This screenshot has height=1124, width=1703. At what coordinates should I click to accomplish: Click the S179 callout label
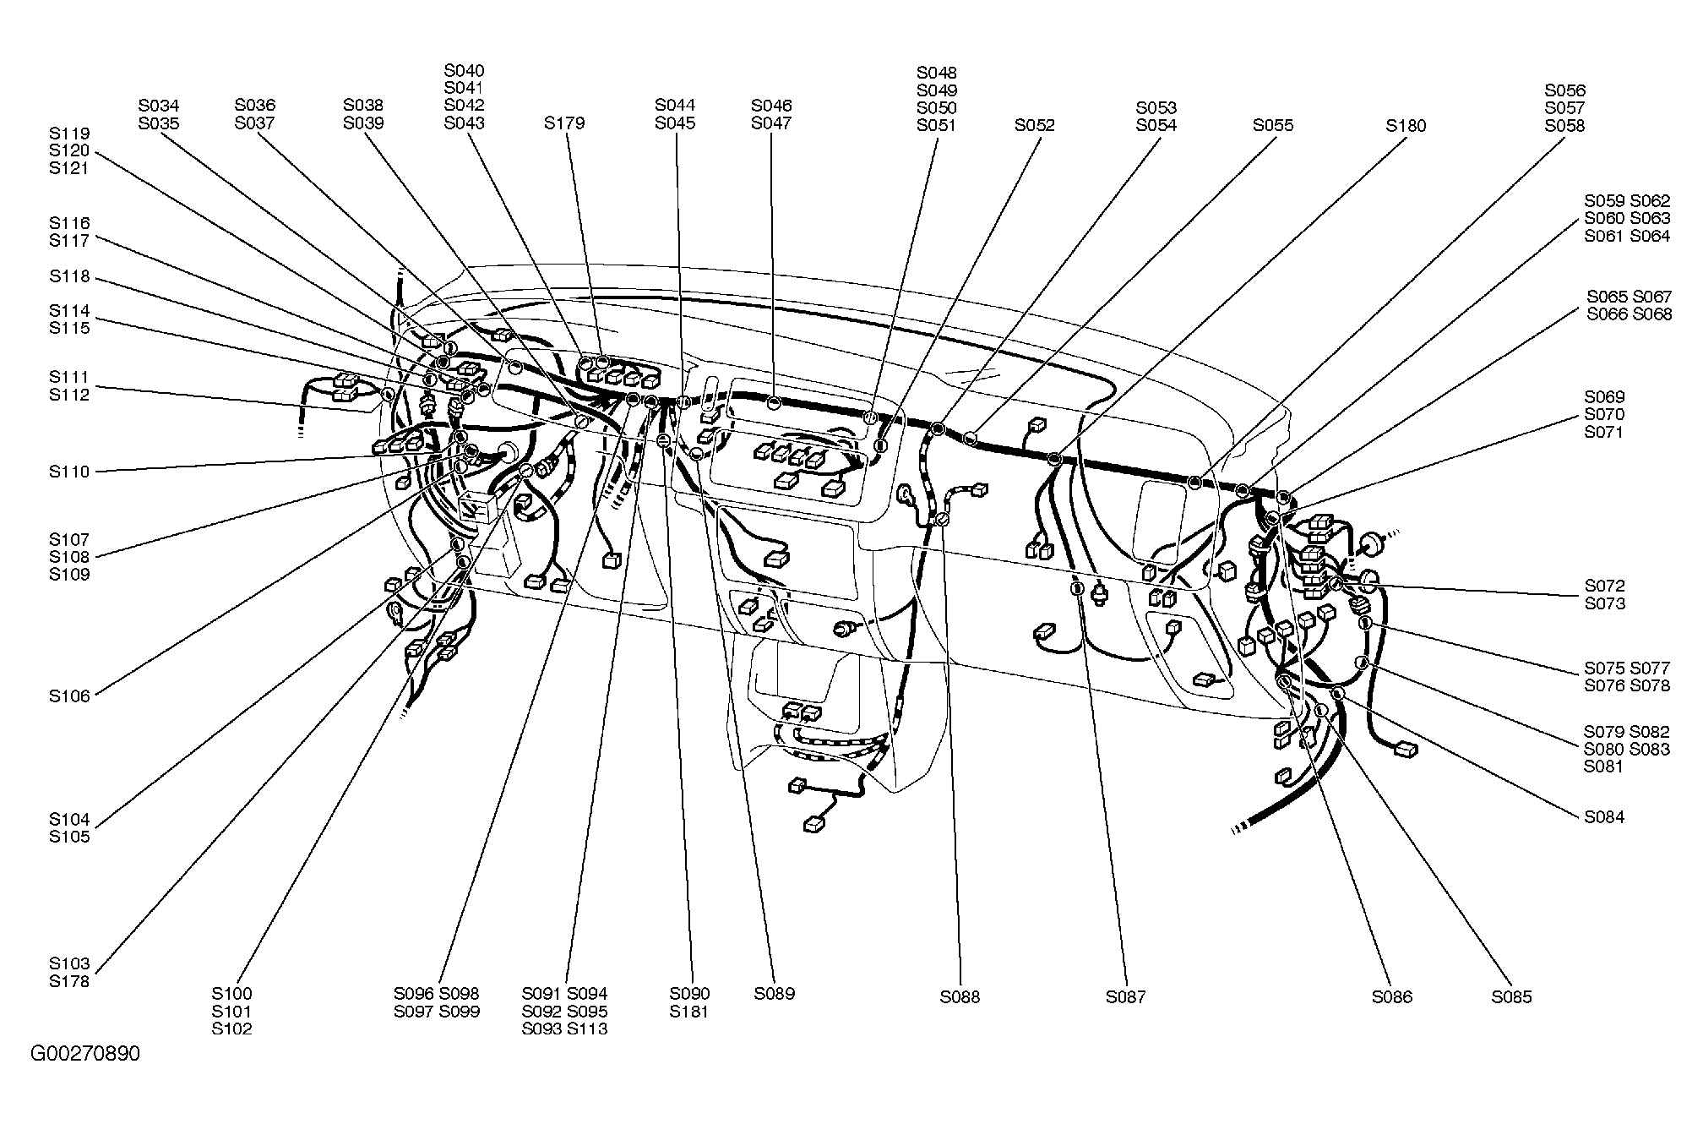click(564, 123)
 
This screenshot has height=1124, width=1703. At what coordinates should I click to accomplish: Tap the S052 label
click(1035, 125)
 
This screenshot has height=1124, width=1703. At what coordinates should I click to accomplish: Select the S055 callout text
click(1273, 125)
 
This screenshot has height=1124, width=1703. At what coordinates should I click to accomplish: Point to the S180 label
click(1406, 126)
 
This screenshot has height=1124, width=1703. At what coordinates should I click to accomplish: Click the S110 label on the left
click(69, 472)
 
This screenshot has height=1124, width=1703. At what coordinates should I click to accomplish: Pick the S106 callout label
click(69, 696)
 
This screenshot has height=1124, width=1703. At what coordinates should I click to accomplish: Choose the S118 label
click(69, 277)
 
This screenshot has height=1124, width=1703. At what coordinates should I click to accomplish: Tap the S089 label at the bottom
click(775, 994)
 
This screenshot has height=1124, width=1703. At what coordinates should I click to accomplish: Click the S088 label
click(960, 997)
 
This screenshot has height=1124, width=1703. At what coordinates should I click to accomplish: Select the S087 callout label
click(1126, 997)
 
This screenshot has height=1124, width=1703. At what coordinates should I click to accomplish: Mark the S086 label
click(1392, 997)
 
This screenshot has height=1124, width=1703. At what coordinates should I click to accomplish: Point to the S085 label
click(1511, 997)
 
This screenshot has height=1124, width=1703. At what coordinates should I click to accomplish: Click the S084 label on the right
click(1604, 817)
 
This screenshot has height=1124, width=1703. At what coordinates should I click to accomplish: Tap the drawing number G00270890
click(85, 1054)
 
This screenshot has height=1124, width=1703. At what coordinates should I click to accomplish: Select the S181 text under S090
click(690, 1012)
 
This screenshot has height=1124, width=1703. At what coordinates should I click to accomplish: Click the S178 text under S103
click(69, 981)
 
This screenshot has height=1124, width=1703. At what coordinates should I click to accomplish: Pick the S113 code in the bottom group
click(587, 1029)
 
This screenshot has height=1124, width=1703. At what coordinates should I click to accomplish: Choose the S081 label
click(1604, 767)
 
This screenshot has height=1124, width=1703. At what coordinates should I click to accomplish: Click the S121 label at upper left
click(69, 168)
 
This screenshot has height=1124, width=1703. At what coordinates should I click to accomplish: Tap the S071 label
click(1604, 432)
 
